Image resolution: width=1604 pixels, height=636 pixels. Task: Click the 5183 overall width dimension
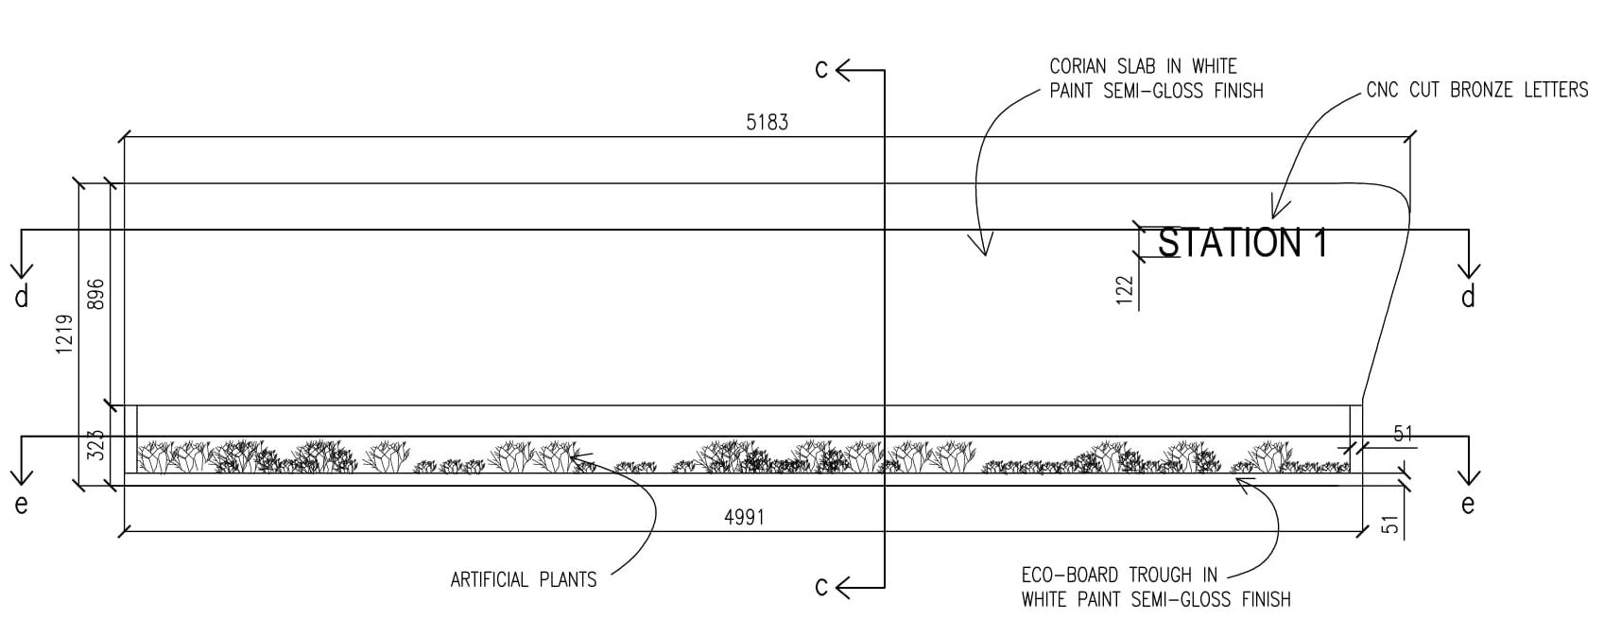click(x=767, y=122)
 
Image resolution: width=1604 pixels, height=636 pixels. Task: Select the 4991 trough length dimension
click(x=744, y=517)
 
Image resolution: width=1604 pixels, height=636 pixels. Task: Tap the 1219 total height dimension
click(x=65, y=335)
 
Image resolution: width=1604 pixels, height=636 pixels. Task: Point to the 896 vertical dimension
click(x=95, y=294)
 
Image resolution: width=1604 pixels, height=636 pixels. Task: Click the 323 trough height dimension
click(x=95, y=445)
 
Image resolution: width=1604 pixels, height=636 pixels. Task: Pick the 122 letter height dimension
click(x=1124, y=291)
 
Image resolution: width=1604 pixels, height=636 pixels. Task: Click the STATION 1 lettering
click(x=1242, y=244)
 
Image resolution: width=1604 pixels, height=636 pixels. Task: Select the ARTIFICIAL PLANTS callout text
click(x=524, y=579)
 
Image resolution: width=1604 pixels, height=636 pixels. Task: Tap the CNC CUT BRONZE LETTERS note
click(x=1477, y=90)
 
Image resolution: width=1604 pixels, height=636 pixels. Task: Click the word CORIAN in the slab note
click(x=1078, y=66)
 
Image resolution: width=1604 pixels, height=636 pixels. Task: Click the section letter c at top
click(x=821, y=69)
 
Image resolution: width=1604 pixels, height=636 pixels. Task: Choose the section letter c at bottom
click(x=821, y=587)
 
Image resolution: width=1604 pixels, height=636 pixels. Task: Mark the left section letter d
click(x=22, y=298)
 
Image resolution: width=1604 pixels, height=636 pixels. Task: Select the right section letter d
click(x=1468, y=298)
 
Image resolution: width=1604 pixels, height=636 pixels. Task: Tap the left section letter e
click(x=22, y=505)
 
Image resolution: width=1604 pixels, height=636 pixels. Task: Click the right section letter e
click(x=1468, y=505)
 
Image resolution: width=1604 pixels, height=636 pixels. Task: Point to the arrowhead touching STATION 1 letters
click(x=1275, y=214)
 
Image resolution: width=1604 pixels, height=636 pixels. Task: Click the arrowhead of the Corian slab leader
click(x=984, y=250)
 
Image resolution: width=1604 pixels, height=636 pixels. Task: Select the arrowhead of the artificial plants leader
click(x=573, y=456)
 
